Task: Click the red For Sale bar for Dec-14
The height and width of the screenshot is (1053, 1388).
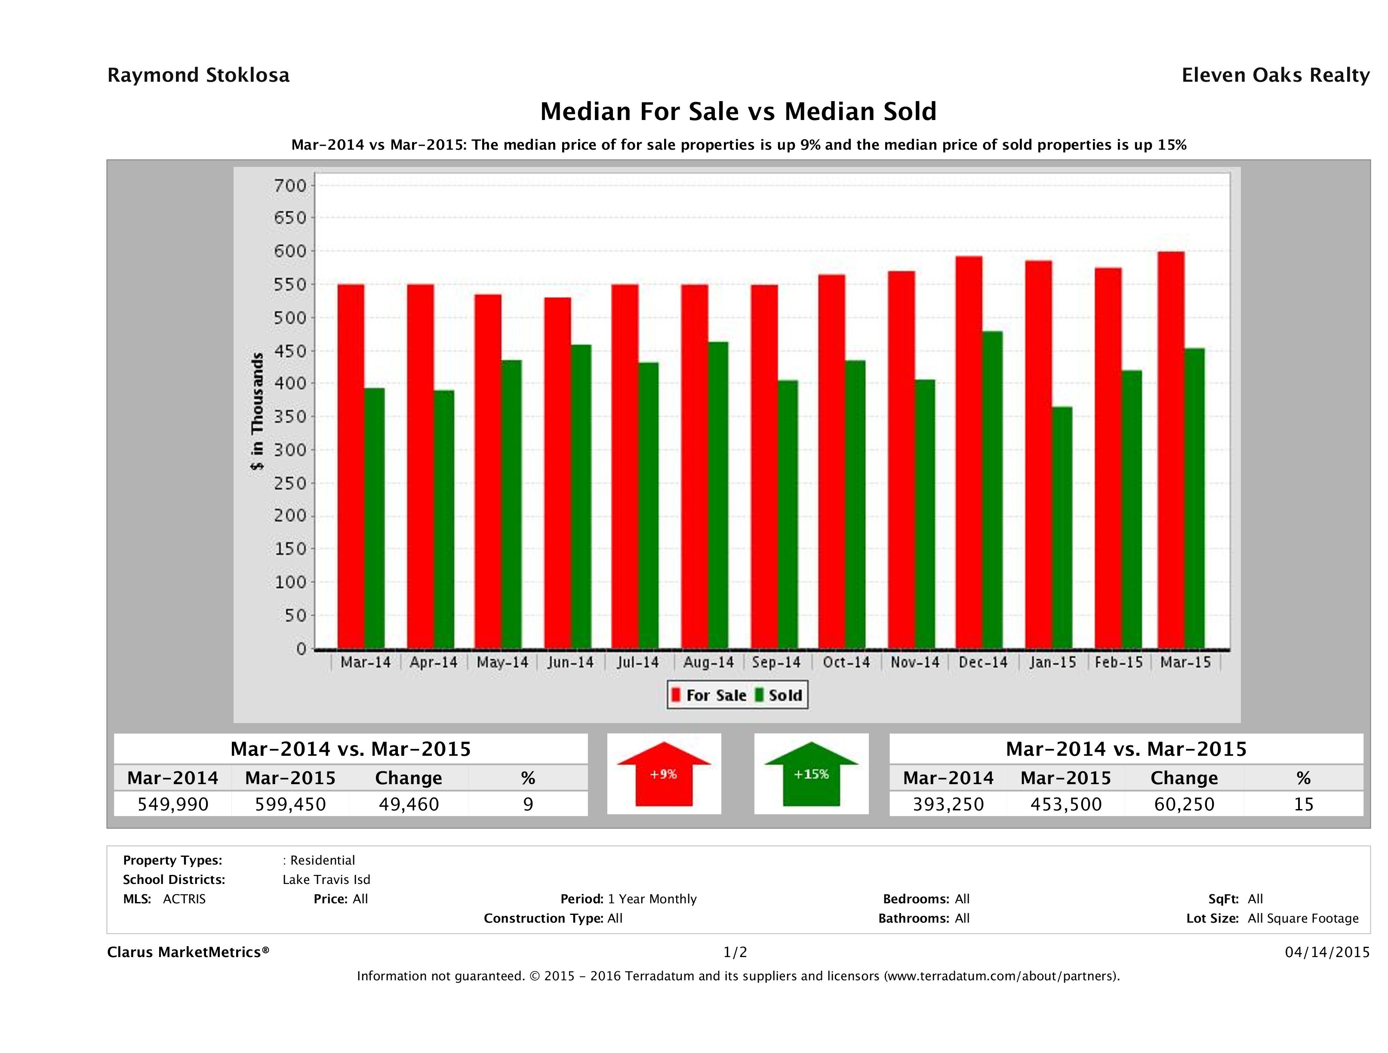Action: coord(969,452)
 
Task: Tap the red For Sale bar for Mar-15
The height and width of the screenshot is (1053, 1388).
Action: coord(1171,450)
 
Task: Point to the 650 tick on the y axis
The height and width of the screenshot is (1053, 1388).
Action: coord(289,218)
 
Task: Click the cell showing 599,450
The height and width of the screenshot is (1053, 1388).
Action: coord(290,804)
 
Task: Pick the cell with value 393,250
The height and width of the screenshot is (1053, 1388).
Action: coord(948,804)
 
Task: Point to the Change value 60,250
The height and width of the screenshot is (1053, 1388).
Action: coord(1184,804)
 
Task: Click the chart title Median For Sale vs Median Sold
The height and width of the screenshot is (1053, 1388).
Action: coord(738,112)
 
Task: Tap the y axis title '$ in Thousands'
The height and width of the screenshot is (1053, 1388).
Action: coord(257,411)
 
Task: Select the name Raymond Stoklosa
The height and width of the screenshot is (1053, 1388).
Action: coord(198,75)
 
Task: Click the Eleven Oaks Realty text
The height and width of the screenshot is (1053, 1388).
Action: coord(1275,75)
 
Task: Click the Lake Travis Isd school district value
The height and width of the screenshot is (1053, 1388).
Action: coord(326,880)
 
